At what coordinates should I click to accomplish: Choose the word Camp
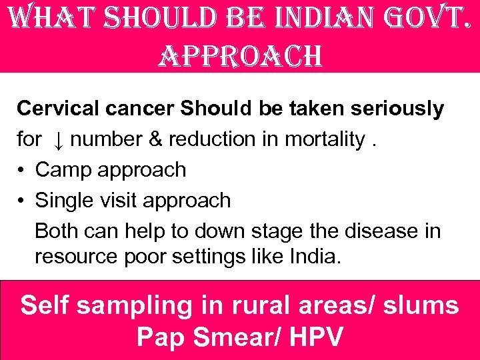pos(63,170)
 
